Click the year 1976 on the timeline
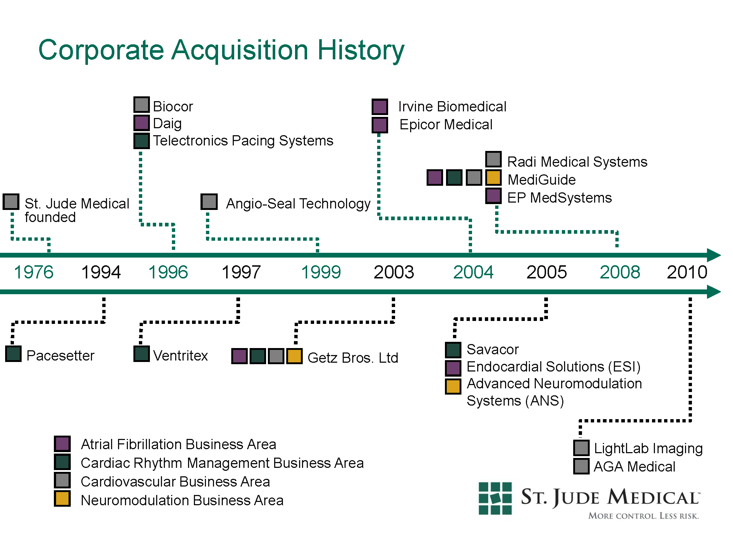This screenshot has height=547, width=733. (x=34, y=272)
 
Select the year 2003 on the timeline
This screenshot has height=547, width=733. (x=394, y=272)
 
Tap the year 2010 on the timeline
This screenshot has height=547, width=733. (x=687, y=272)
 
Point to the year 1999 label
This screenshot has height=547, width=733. (x=321, y=272)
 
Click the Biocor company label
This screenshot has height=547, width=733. (x=173, y=107)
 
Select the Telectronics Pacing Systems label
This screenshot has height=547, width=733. (x=243, y=141)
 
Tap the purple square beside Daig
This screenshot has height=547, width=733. (x=141, y=123)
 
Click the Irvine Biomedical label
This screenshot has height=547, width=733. (x=452, y=107)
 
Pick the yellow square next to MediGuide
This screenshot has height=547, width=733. (x=493, y=178)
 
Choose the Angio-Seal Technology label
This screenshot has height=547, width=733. (x=298, y=204)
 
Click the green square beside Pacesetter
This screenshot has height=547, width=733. (x=14, y=354)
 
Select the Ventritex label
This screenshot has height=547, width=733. (x=180, y=356)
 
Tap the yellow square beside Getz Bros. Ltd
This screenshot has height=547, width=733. (x=294, y=356)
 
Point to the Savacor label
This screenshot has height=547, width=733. (x=493, y=350)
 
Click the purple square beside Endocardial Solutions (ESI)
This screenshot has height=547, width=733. (x=453, y=368)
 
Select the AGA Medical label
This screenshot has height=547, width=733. (x=634, y=467)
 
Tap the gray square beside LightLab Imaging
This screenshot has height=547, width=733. (x=581, y=448)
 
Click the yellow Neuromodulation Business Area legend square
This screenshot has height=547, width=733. (x=62, y=499)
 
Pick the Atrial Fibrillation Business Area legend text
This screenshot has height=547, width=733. (x=178, y=444)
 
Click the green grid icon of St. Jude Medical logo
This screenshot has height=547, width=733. (x=495, y=498)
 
